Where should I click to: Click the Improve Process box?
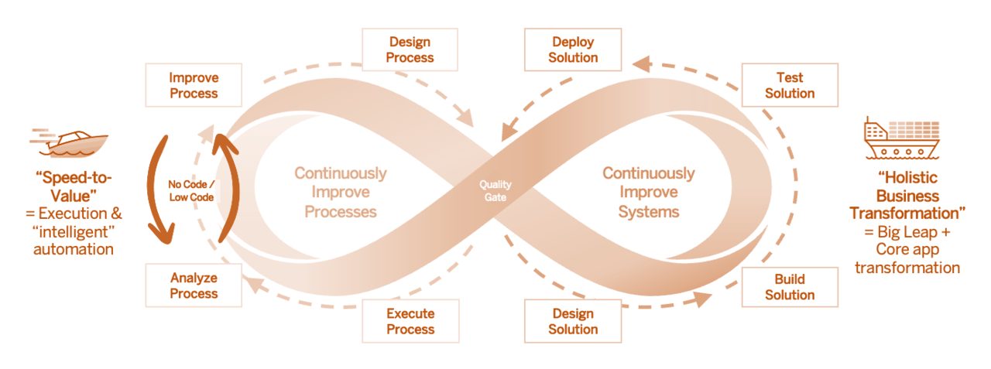tap(194, 85)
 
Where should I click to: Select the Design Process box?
tap(410, 50)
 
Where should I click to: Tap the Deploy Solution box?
tap(573, 50)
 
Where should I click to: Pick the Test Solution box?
tap(790, 85)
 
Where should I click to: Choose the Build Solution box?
tap(790, 287)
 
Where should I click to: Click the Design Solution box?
tap(573, 321)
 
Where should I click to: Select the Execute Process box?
tap(410, 321)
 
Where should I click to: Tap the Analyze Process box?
tap(194, 285)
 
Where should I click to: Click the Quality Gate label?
tap(495, 191)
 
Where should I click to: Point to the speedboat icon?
tap(69, 143)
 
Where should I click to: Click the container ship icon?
tap(902, 138)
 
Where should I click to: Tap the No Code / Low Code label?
tap(191, 191)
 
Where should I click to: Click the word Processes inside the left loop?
tap(340, 212)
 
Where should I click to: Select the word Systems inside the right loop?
tap(649, 212)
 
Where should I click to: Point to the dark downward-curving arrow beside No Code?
tap(155, 190)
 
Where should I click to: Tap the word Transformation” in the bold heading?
tap(907, 214)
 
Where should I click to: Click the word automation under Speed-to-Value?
tap(74, 249)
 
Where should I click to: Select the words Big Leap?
tap(907, 232)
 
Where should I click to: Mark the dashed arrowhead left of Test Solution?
tap(642, 63)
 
